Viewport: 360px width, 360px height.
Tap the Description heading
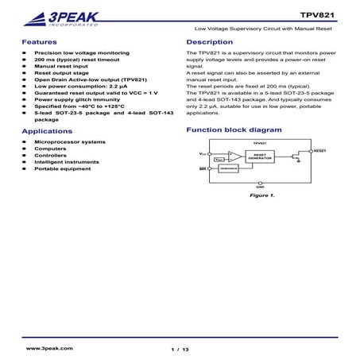click(x=209, y=41)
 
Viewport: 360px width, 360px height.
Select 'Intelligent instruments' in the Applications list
click(x=67, y=162)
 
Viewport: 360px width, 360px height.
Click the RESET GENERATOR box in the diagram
click(x=259, y=157)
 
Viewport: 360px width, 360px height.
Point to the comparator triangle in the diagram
click(x=234, y=155)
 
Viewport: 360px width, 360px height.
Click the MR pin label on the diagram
click(x=202, y=169)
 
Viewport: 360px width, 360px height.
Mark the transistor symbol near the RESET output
click(x=296, y=157)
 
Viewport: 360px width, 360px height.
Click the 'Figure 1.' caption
click(x=261, y=195)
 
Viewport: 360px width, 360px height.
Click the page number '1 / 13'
click(x=180, y=349)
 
